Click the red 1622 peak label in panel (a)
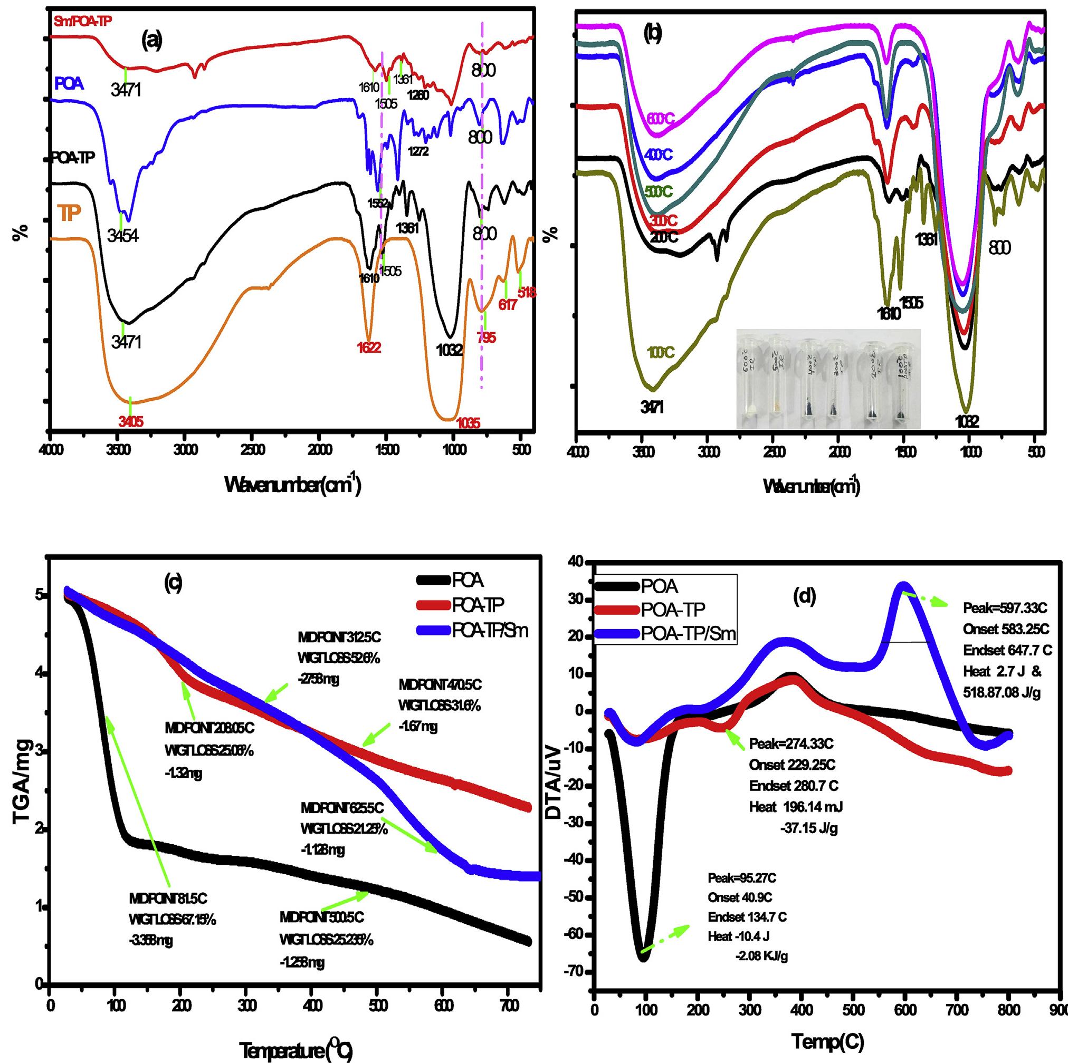pyautogui.click(x=369, y=347)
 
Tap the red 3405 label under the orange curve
pyautogui.click(x=131, y=422)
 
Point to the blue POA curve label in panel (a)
pyautogui.click(x=69, y=84)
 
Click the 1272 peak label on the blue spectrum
pyautogui.click(x=418, y=150)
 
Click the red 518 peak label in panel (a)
pyautogui.click(x=526, y=292)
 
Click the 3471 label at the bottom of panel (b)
pyautogui.click(x=652, y=408)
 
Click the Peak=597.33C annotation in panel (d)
pyautogui.click(x=1001, y=608)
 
